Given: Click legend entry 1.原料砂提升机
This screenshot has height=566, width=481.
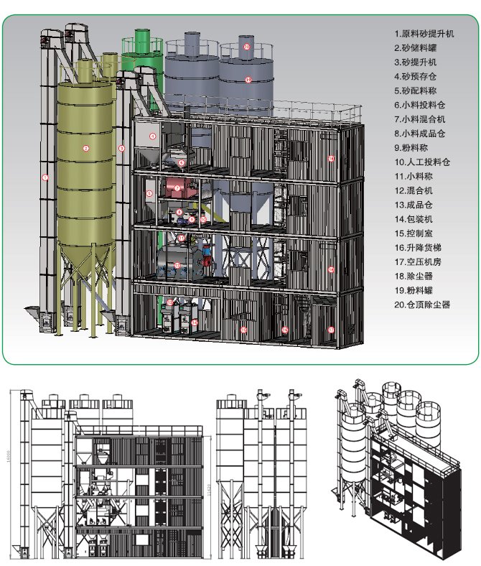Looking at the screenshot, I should pos(424,33).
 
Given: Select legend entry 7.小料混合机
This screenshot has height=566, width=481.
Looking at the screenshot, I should pos(420,119).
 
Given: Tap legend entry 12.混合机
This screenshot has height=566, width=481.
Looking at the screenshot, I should pos(416,190).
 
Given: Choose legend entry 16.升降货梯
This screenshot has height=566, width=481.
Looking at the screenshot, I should pos(420,247).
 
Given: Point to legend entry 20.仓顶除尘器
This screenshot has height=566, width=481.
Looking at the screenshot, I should pos(425,305).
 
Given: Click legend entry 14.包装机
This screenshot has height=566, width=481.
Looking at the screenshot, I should pos(416,218).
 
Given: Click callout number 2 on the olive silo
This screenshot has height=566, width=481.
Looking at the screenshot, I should pos(85,149).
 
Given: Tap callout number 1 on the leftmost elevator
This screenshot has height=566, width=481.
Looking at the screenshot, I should pos(45,177).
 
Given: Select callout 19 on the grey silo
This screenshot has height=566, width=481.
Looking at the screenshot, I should pos(248,80).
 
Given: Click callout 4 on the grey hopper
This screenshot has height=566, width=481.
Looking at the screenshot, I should pos(153,135).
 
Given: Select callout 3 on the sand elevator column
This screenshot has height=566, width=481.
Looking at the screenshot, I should pos(122,149).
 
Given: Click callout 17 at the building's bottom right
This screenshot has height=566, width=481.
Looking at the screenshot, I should pos(331,330).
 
